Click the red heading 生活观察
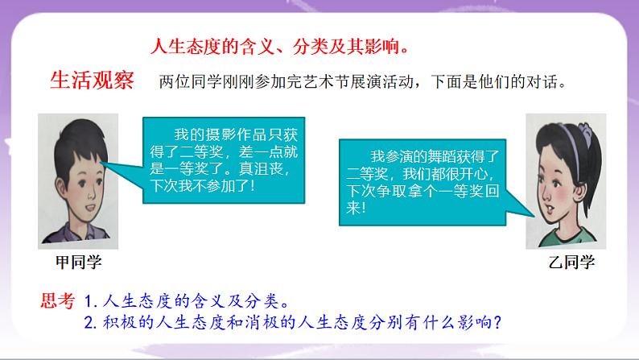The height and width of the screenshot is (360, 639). pyautogui.click(x=93, y=81)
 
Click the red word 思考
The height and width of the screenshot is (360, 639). pyautogui.click(x=58, y=302)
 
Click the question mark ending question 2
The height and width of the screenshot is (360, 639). pyautogui.click(x=499, y=324)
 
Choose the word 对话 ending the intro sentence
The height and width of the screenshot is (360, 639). pyautogui.click(x=551, y=82)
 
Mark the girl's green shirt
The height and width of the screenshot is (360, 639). pyautogui.click(x=563, y=236)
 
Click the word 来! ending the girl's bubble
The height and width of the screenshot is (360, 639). pyautogui.click(x=355, y=209)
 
